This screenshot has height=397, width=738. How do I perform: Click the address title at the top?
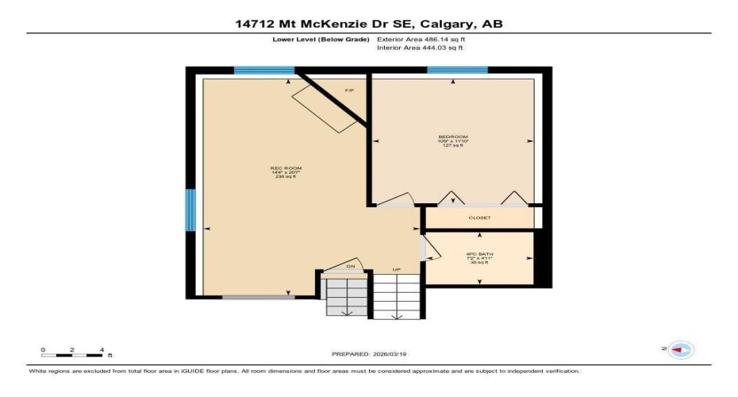[x=369, y=24]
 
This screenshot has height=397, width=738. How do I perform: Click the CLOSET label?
[x=479, y=218]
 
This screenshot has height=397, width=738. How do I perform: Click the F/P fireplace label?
[x=348, y=91]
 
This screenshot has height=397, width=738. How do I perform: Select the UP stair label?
[x=397, y=270]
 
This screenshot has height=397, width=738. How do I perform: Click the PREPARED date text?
[x=368, y=354]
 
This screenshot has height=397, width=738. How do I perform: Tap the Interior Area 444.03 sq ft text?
[x=420, y=48]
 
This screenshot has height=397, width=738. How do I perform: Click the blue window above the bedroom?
[x=457, y=71]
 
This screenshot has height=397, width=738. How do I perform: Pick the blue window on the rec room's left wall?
[x=190, y=210]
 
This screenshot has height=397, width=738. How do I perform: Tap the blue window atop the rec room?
[x=264, y=71]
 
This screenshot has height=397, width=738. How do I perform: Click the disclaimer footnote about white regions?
[x=304, y=371]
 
